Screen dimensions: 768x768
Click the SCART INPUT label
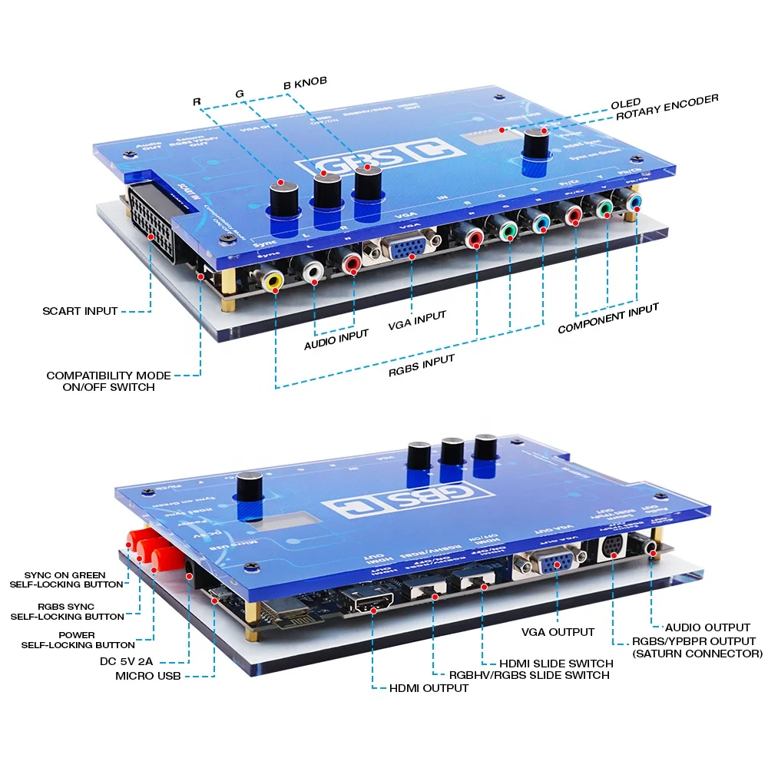point(80,311)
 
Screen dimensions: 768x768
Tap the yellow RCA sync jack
point(272,281)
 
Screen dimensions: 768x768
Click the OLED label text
point(626,104)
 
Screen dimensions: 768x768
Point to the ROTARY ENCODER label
point(667,108)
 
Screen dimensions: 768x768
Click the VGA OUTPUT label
point(557,631)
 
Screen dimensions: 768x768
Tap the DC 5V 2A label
point(127,660)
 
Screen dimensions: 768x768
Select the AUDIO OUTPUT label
point(707,627)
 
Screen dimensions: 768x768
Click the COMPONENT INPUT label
point(608,319)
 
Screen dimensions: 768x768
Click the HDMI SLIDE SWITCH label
point(556,663)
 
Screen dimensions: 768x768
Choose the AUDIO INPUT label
point(336,339)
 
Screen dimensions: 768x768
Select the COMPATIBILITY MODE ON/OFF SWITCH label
point(108,381)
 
